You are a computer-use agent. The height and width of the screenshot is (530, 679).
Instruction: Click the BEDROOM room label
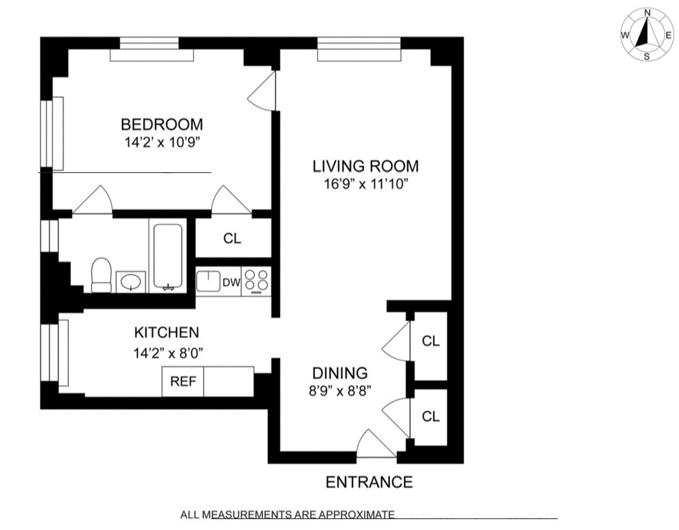pyautogui.click(x=162, y=125)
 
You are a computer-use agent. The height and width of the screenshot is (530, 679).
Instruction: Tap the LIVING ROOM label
pyautogui.click(x=365, y=166)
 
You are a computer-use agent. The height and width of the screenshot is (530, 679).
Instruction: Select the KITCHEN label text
pyautogui.click(x=166, y=332)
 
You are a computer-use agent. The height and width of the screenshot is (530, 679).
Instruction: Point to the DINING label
pyautogui.click(x=339, y=373)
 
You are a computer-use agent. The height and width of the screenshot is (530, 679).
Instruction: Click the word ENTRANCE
pyautogui.click(x=369, y=482)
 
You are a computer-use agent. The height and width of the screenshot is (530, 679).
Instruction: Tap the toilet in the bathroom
pyautogui.click(x=101, y=275)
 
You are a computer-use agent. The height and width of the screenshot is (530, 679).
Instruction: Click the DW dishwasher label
pyautogui.click(x=231, y=281)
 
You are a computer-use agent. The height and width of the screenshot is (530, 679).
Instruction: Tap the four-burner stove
pyautogui.click(x=256, y=281)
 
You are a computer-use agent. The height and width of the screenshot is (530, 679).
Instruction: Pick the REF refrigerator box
pyautogui.click(x=183, y=381)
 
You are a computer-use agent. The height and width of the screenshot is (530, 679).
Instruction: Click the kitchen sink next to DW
pyautogui.click(x=208, y=281)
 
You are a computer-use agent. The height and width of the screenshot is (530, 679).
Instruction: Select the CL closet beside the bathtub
pyautogui.click(x=232, y=239)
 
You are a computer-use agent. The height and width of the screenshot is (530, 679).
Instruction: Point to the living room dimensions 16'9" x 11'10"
pyautogui.click(x=365, y=183)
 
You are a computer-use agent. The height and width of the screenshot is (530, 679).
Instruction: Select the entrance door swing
pyautogui.click(x=374, y=445)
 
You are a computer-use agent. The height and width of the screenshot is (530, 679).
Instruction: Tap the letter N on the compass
pyautogui.click(x=647, y=12)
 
